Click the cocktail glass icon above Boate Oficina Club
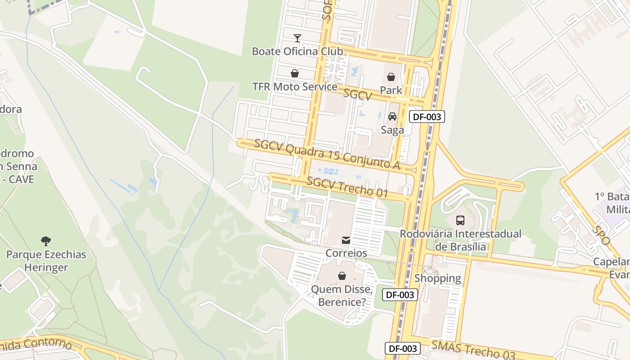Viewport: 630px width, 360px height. pyautogui.click(x=297, y=38)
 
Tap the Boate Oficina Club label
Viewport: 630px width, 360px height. pyautogui.click(x=297, y=51)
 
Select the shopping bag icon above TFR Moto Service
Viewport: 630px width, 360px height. pyautogui.click(x=295, y=73)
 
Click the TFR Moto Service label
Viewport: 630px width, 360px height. pyautogui.click(x=295, y=86)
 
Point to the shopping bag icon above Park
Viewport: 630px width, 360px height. pyautogui.click(x=391, y=77)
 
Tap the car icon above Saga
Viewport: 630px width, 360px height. pyautogui.click(x=392, y=117)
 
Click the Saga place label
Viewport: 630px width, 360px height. pyautogui.click(x=392, y=130)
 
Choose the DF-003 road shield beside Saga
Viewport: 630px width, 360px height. pyautogui.click(x=427, y=117)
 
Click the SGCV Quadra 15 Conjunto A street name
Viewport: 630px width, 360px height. pyautogui.click(x=327, y=154)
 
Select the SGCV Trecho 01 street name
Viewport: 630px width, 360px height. pyautogui.click(x=347, y=187)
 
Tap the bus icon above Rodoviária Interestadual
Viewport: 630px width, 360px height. pyautogui.click(x=460, y=220)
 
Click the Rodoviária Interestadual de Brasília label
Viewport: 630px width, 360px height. pyautogui.click(x=460, y=240)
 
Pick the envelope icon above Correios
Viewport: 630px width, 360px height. pyautogui.click(x=346, y=240)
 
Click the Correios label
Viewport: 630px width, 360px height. pyautogui.click(x=346, y=253)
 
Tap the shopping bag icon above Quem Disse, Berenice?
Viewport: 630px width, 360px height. pyautogui.click(x=342, y=275)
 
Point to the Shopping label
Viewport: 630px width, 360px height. pyautogui.click(x=437, y=279)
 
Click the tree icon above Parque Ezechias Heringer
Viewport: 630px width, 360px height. pyautogui.click(x=45, y=241)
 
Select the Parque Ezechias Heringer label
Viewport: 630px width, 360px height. pyautogui.click(x=46, y=261)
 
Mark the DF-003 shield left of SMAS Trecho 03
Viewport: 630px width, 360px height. pyautogui.click(x=403, y=348)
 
